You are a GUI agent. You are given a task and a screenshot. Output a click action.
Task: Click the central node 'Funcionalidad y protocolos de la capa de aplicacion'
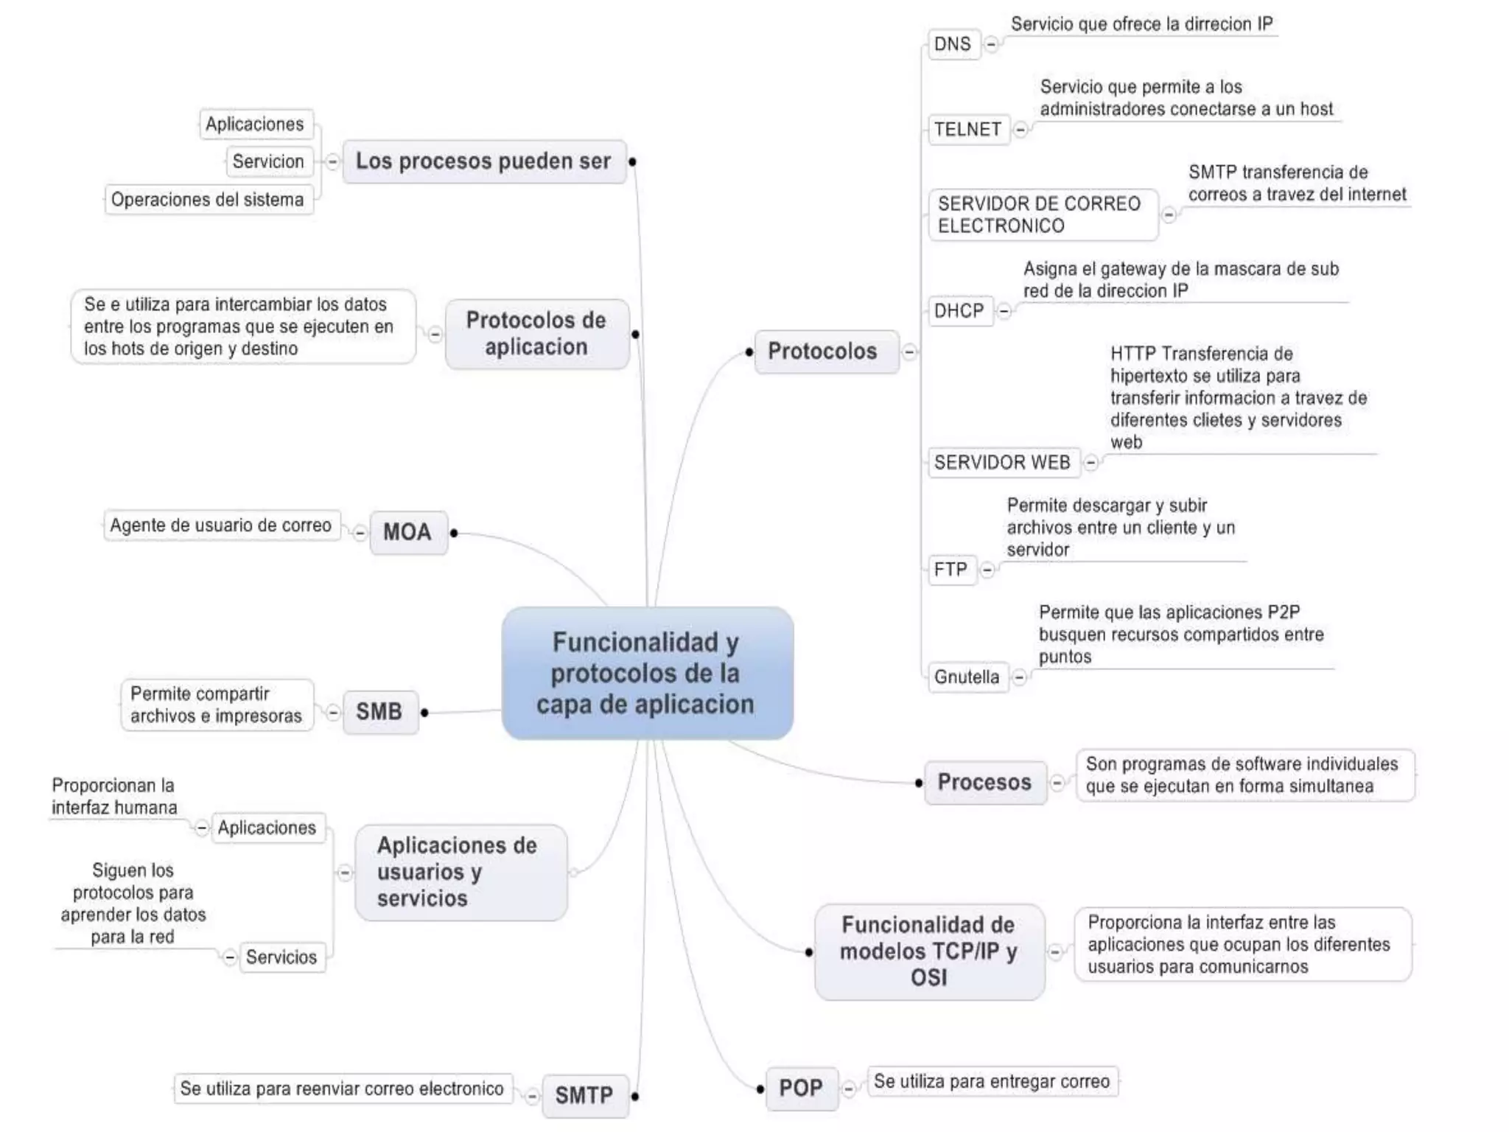[x=647, y=673]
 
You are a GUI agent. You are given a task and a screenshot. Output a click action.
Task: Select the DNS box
[x=953, y=44]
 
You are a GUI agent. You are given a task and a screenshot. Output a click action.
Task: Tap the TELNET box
[x=967, y=130]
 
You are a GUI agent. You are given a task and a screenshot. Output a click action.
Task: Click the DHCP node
[x=959, y=311]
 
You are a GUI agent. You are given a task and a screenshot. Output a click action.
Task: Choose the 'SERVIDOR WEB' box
[x=1002, y=463]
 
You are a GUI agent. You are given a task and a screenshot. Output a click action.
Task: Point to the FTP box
[x=950, y=570]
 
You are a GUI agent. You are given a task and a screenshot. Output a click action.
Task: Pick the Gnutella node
[x=967, y=677]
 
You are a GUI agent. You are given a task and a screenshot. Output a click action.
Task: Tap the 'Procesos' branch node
[x=984, y=782]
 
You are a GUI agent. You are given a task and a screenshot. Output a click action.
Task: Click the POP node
[x=802, y=1089]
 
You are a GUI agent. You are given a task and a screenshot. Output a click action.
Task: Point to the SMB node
[x=379, y=712]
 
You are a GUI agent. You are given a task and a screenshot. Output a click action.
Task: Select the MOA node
[x=407, y=532]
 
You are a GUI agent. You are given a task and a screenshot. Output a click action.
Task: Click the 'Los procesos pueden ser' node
[x=484, y=161]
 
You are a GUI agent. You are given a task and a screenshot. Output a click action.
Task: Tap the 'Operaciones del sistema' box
[x=208, y=200]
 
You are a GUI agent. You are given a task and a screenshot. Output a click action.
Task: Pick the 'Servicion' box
[x=268, y=161]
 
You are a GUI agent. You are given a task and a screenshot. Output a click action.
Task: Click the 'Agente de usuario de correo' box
[x=221, y=525]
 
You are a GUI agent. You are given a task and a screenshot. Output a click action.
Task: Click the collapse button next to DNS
[x=992, y=44]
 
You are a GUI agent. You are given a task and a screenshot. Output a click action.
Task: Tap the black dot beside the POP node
[x=760, y=1089]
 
